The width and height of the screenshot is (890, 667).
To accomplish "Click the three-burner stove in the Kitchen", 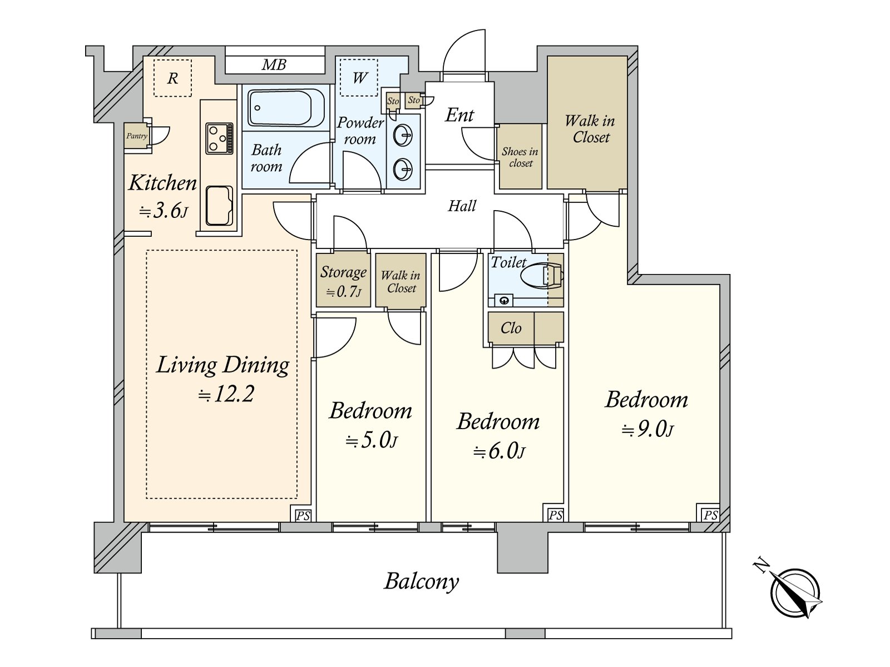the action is coord(219,138).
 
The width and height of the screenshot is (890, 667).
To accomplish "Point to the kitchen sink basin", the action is coord(219,206).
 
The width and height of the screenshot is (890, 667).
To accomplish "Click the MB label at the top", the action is coord(274,65).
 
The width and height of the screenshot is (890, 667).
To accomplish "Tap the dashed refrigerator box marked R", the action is coord(173,78).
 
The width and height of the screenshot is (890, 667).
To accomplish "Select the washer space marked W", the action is coord(359,77).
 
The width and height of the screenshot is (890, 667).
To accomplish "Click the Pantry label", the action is coord(137,136).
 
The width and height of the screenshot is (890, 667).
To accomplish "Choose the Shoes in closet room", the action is coord(520,156).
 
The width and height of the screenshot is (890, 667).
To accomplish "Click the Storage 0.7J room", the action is coord(343,280).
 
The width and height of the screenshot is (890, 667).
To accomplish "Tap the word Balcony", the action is coord(421,582).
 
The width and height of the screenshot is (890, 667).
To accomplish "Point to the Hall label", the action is coord(462,206).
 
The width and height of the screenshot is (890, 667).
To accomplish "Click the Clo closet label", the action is coord(511,328).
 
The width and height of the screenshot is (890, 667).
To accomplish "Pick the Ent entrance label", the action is coord(459,115).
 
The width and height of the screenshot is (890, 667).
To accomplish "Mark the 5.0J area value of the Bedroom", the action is coord(371,440).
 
